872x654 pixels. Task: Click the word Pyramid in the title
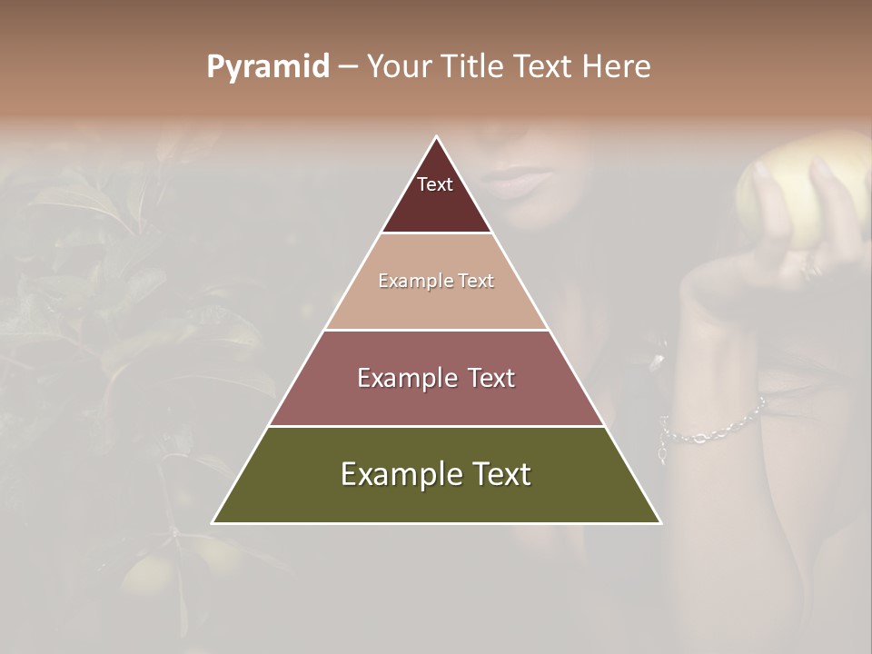[x=268, y=67]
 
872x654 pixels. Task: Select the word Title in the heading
[x=473, y=66]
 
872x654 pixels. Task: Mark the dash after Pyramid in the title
[x=347, y=67]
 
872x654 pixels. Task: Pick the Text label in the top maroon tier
[x=435, y=184]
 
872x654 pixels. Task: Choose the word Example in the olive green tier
[x=396, y=475]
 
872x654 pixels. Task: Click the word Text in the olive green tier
[x=499, y=474]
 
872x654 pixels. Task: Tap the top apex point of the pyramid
[x=436, y=137]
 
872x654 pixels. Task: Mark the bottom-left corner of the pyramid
[x=213, y=522]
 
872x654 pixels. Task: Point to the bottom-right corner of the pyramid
[x=659, y=522]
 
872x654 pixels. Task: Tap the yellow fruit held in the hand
[x=799, y=195]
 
